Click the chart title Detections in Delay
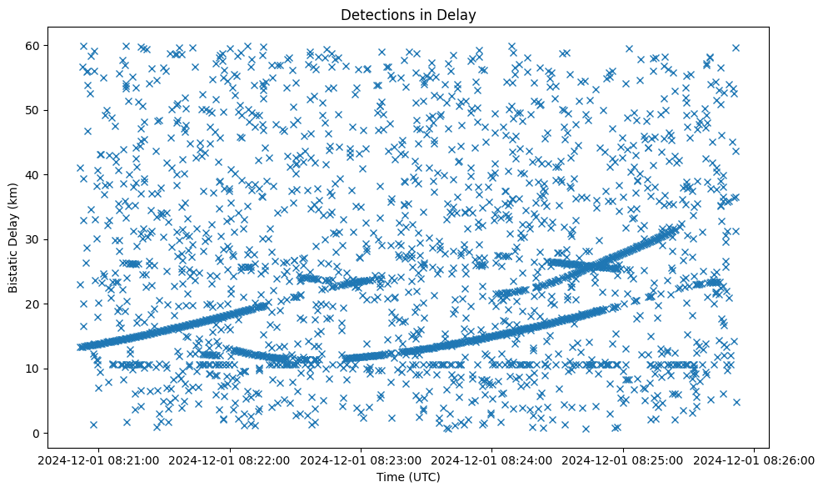click(x=407, y=14)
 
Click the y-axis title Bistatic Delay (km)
click(x=14, y=235)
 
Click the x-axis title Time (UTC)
click(x=407, y=477)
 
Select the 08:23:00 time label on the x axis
click(x=362, y=459)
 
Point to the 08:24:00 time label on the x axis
click(x=492, y=459)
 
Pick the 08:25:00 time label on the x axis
click(x=623, y=459)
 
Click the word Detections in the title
click(x=372, y=14)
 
